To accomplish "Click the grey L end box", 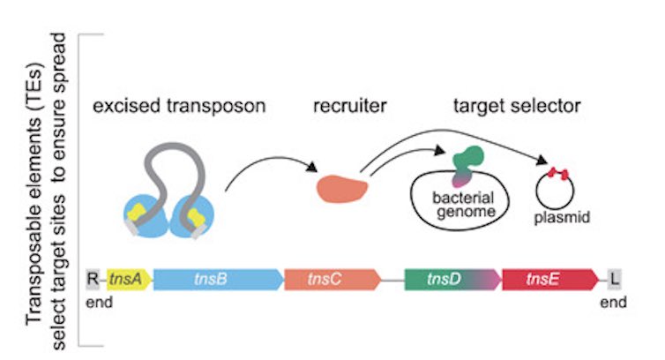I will coord(615,281).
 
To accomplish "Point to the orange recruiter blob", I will coord(339,188).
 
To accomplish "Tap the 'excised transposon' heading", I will coord(179,107).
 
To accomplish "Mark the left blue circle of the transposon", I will coord(146,213).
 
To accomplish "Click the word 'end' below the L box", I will coord(615,303).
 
